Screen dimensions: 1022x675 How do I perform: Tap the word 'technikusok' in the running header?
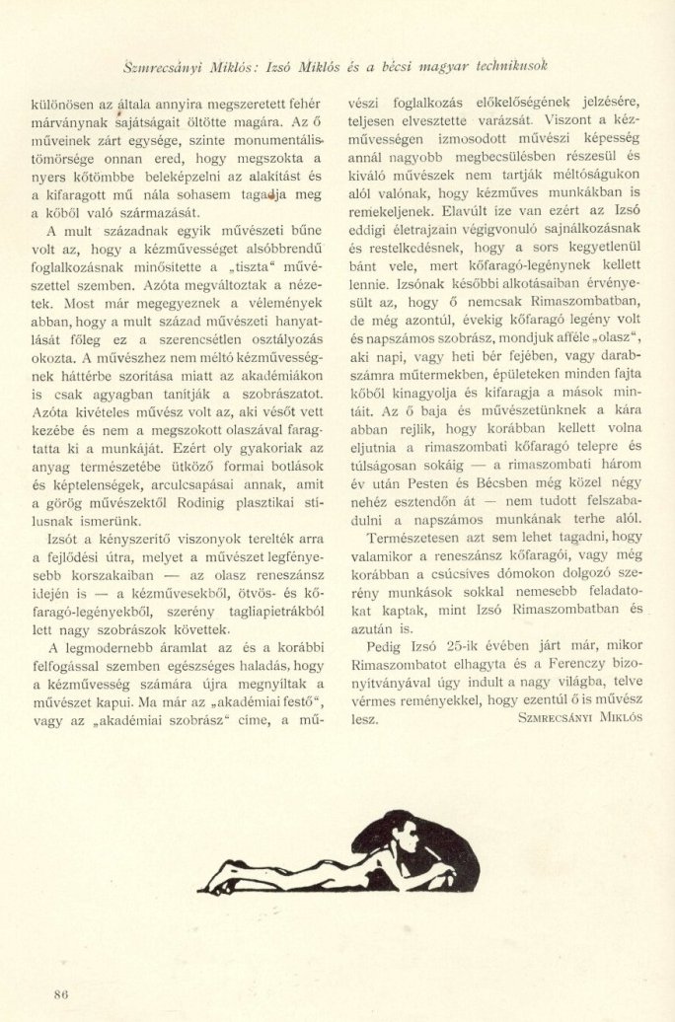click(500, 66)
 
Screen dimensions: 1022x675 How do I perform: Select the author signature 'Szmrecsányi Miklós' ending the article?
click(579, 717)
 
